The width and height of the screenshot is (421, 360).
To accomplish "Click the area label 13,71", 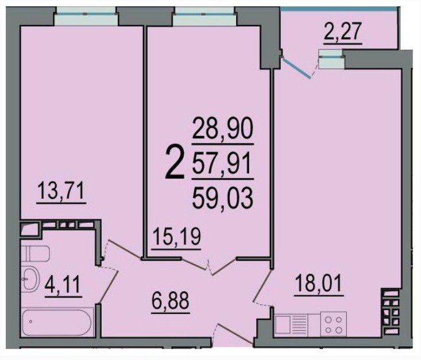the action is pyautogui.click(x=61, y=191).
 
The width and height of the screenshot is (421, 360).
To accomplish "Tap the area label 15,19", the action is pyautogui.click(x=176, y=237).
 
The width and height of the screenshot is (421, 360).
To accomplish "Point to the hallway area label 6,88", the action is pyautogui.click(x=171, y=301).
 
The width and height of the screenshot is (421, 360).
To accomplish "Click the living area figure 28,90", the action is pyautogui.click(x=223, y=129).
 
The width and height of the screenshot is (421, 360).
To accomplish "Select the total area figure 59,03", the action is pyautogui.click(x=223, y=198).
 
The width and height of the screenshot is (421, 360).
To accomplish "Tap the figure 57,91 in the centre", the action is pyautogui.click(x=222, y=163).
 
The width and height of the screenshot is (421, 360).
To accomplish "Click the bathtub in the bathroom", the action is pyautogui.click(x=57, y=323).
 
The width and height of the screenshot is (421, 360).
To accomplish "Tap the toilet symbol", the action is pyautogui.click(x=36, y=253).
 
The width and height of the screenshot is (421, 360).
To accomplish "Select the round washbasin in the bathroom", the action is pyautogui.click(x=30, y=279).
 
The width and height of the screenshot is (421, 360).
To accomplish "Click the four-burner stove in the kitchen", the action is pyautogui.click(x=334, y=324).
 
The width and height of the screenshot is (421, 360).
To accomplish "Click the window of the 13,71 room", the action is pyautogui.click(x=86, y=16).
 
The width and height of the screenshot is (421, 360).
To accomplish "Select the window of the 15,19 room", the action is pyautogui.click(x=204, y=16).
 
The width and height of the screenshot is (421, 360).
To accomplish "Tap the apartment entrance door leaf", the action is pyautogui.click(x=235, y=334).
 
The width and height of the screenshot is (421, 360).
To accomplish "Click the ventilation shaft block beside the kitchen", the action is pyautogui.click(x=391, y=311).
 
